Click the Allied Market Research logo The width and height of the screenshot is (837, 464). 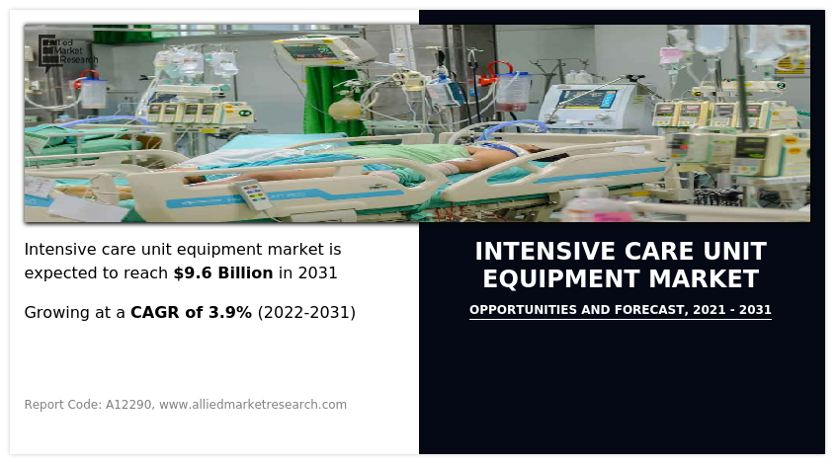(67, 49)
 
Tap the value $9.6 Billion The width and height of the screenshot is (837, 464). (222, 272)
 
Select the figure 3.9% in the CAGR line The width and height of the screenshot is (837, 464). (228, 312)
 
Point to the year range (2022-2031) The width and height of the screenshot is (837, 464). (306, 312)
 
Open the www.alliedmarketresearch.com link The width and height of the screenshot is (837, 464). (253, 404)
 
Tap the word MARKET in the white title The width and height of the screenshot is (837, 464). (706, 278)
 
